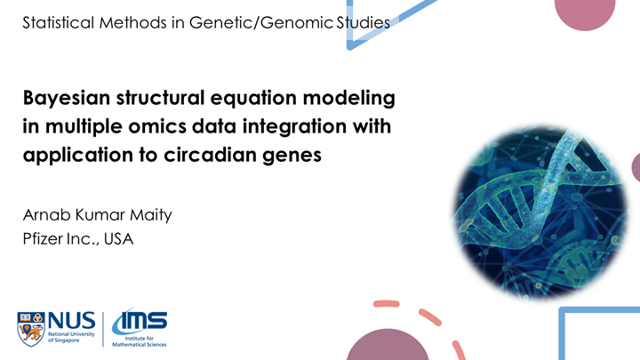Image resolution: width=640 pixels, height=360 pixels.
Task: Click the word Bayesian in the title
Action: coord(67,99)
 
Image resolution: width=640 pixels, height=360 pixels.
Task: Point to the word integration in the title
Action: coord(295,126)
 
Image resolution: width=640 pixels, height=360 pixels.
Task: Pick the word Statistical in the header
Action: coord(59,22)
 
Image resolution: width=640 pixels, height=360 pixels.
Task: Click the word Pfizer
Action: coord(43,239)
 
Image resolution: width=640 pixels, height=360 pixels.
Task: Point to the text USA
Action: coord(118,239)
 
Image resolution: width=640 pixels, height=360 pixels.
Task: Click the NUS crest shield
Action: coord(31,329)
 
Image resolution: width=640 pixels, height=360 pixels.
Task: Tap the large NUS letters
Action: coord(71,320)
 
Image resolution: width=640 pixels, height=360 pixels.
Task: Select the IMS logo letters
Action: coord(140,320)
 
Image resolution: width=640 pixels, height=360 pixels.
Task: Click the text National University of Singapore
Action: coord(71,337)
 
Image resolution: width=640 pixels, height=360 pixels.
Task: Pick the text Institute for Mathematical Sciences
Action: coord(140,341)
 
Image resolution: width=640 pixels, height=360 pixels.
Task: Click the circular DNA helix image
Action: coord(540,213)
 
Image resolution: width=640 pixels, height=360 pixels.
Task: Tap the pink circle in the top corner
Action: coord(585,12)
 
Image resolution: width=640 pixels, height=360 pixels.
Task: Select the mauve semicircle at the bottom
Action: coord(388,346)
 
